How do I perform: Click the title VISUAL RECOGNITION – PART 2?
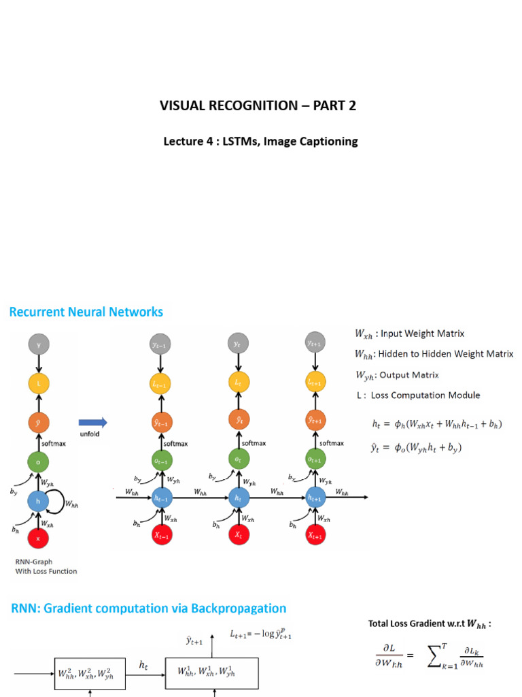coord(258,106)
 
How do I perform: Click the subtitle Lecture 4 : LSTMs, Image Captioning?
coord(260,142)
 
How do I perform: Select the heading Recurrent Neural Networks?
coord(86,312)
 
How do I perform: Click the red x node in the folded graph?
coord(38,537)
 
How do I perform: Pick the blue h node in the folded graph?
coord(38,500)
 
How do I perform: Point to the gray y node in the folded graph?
coord(38,345)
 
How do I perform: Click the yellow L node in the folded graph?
coord(38,384)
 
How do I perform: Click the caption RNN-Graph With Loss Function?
coord(46,567)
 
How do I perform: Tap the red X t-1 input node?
coord(161,535)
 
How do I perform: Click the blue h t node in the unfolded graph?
coord(238,498)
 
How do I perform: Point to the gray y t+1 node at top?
coord(315,344)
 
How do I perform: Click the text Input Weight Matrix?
coord(422,334)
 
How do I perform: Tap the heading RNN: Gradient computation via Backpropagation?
coord(147,609)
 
